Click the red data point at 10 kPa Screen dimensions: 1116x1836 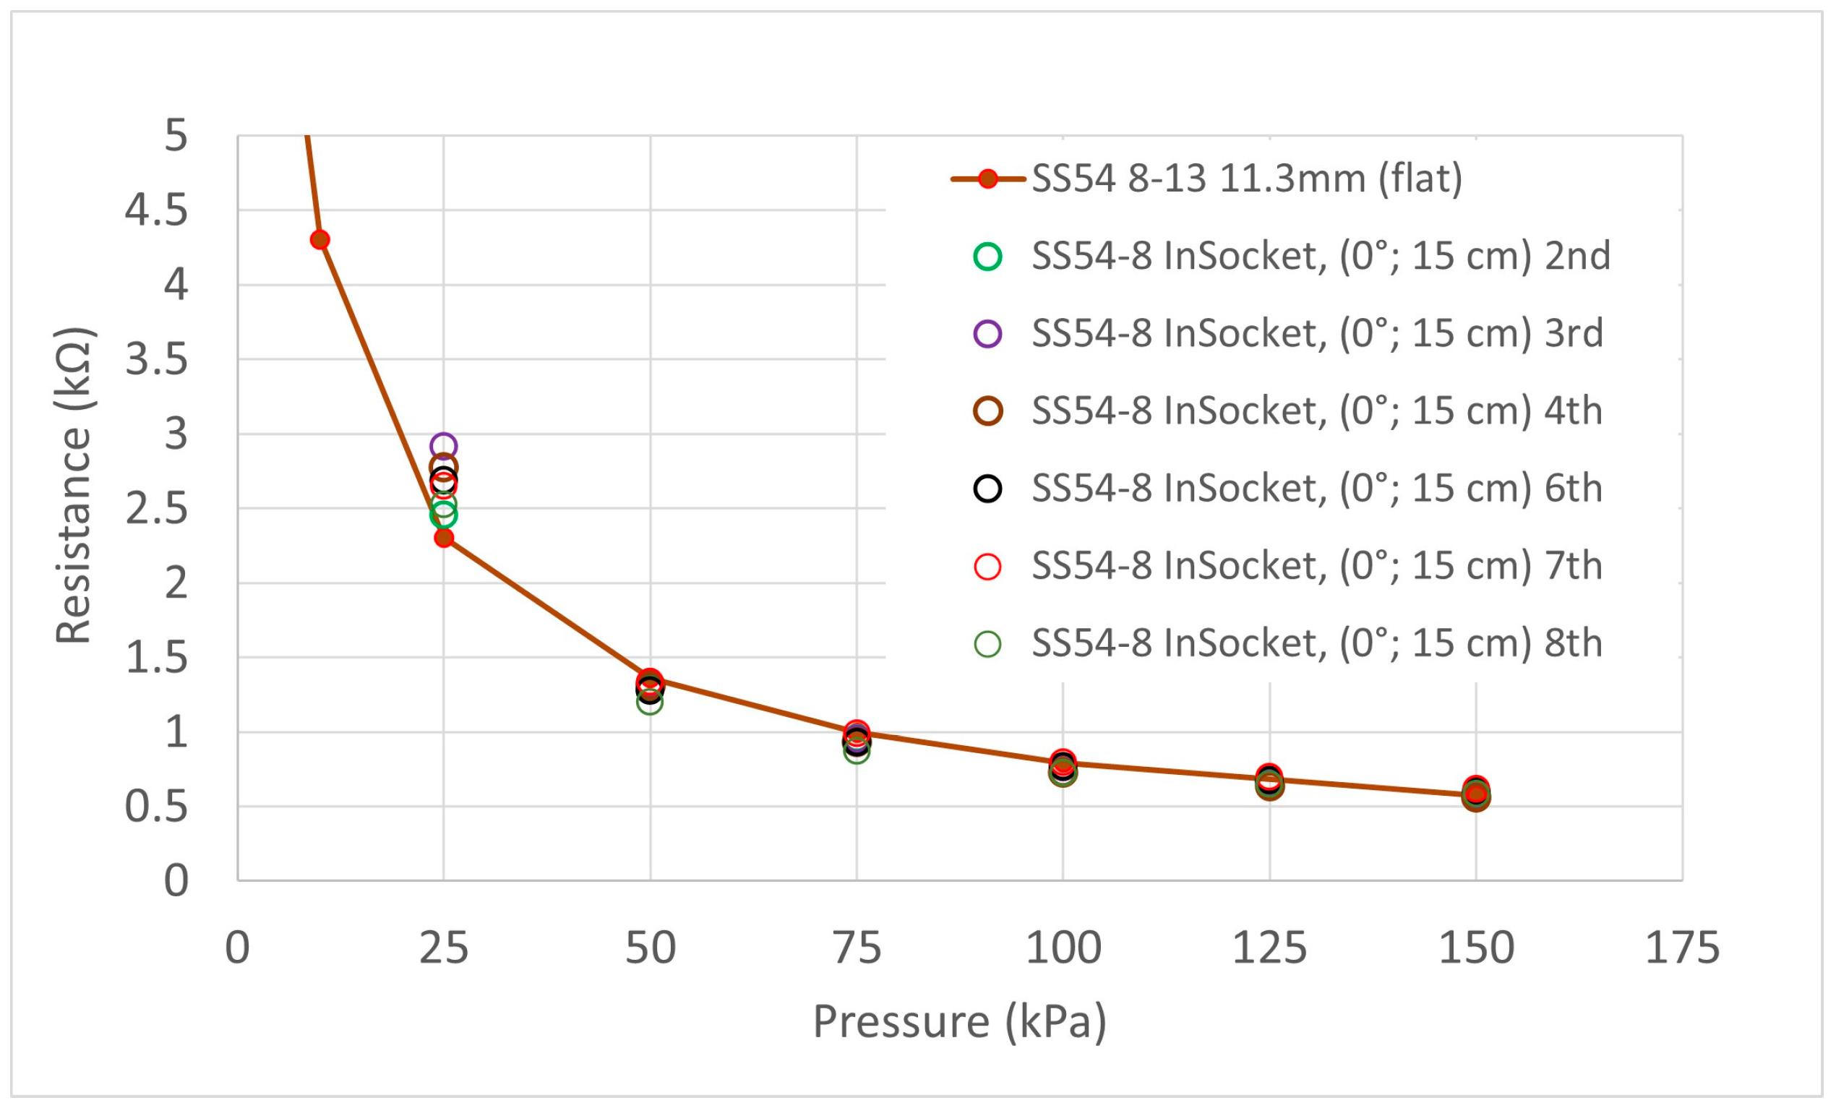click(319, 240)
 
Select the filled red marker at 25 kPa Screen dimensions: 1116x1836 click(444, 538)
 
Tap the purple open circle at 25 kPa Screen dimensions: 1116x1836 click(443, 446)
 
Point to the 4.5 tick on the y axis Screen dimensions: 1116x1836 click(156, 210)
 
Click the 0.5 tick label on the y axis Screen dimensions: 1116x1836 click(156, 806)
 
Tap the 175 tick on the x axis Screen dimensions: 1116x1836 click(1682, 948)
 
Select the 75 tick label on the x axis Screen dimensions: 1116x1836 click(857, 948)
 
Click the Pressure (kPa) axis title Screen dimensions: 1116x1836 click(960, 1021)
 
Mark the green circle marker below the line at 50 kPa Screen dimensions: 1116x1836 click(650, 702)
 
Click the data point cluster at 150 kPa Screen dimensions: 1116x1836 click(1476, 794)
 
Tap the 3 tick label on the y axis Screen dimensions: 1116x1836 click(176, 434)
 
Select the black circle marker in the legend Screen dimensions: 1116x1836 click(988, 489)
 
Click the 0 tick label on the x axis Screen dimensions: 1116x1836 click(238, 948)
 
